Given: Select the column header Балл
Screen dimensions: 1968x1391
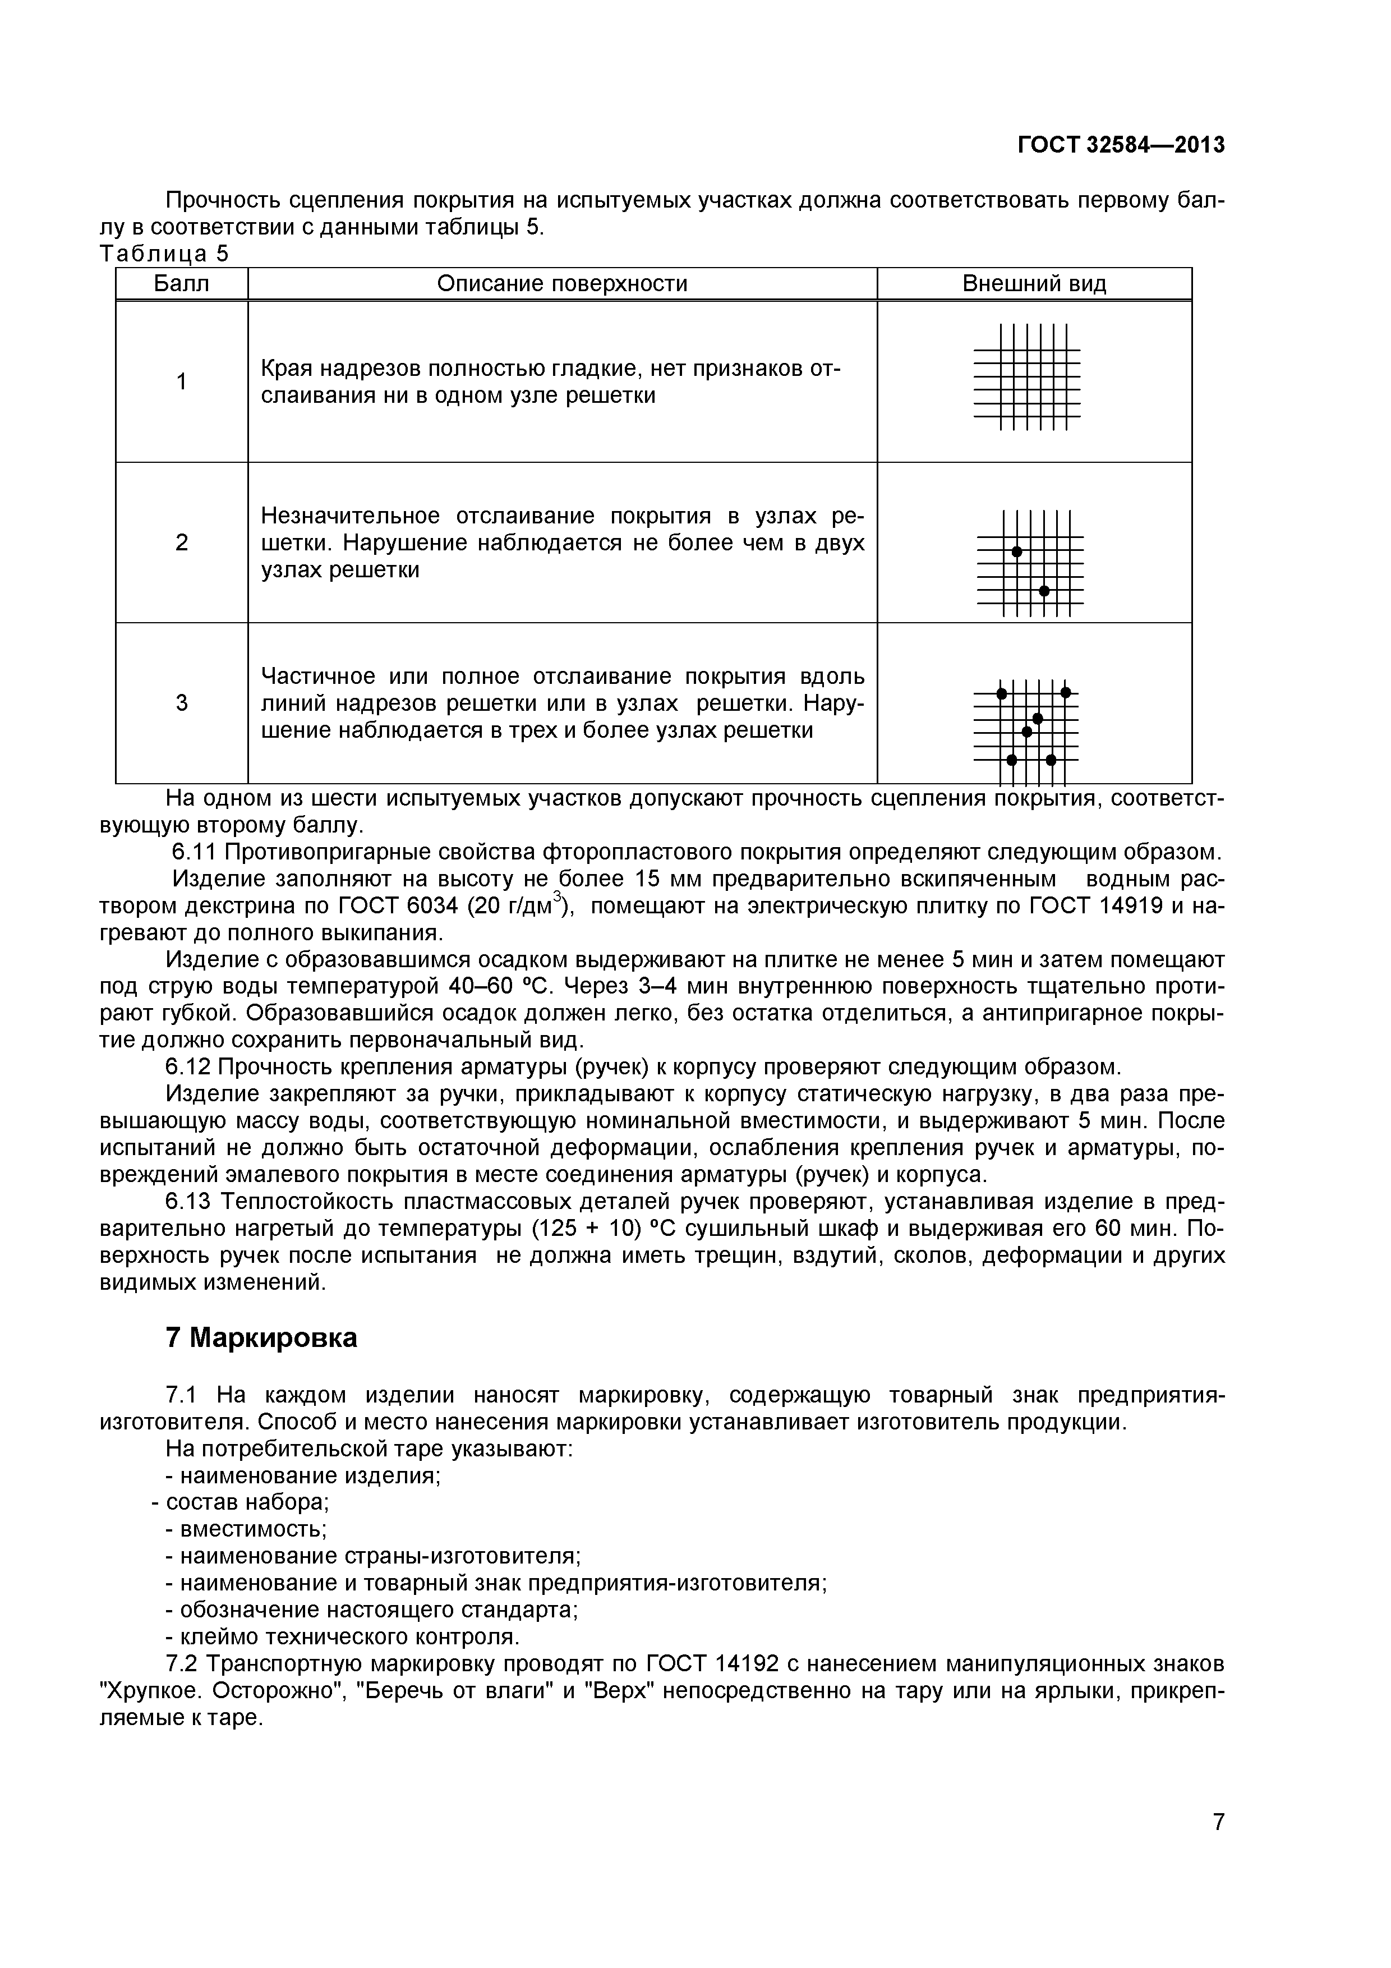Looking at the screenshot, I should click(182, 284).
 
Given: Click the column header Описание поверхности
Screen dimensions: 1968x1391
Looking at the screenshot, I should click(562, 284).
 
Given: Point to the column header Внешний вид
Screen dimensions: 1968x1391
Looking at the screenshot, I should click(1034, 284).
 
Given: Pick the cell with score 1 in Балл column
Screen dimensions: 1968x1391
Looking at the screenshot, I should click(182, 381).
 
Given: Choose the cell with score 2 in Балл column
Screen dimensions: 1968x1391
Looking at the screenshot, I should click(182, 542).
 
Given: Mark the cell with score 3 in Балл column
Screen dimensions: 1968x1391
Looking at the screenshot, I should click(182, 703).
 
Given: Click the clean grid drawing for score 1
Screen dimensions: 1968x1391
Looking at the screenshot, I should click(1028, 376).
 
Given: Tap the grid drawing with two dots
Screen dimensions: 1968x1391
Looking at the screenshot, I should click(1030, 563).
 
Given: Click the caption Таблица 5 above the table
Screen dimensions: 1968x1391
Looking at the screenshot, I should click(164, 254).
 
